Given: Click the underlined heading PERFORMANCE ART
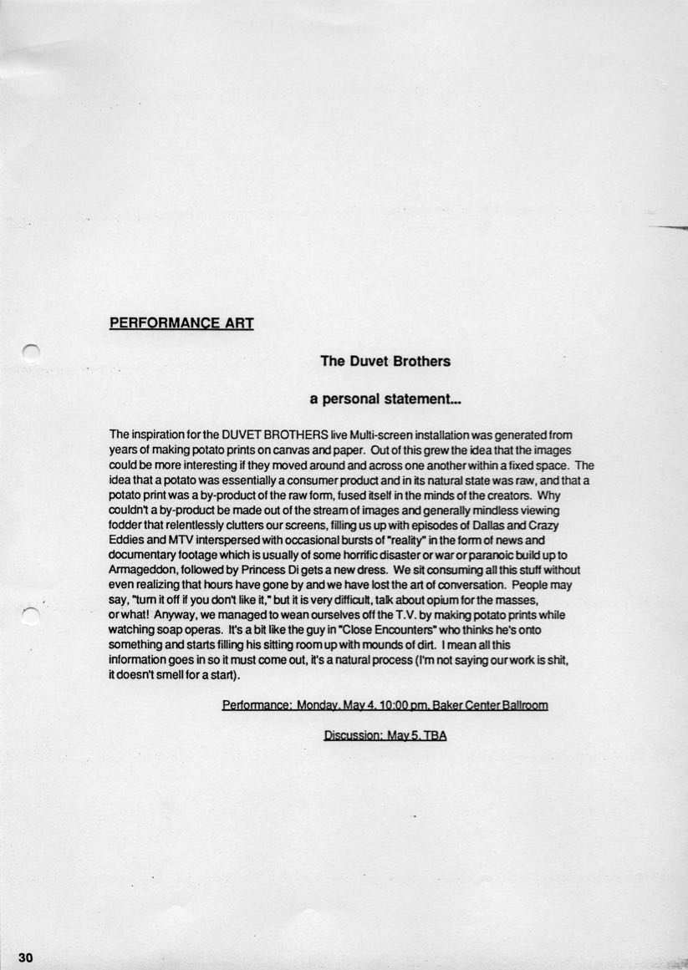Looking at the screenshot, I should click(181, 322).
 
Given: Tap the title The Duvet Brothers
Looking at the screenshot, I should click(385, 361).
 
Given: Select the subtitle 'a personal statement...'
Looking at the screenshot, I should click(385, 400).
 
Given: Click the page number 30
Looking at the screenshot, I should click(24, 957).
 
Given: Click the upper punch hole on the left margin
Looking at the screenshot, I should click(31, 354).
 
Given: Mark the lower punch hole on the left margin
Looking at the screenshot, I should click(31, 616).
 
